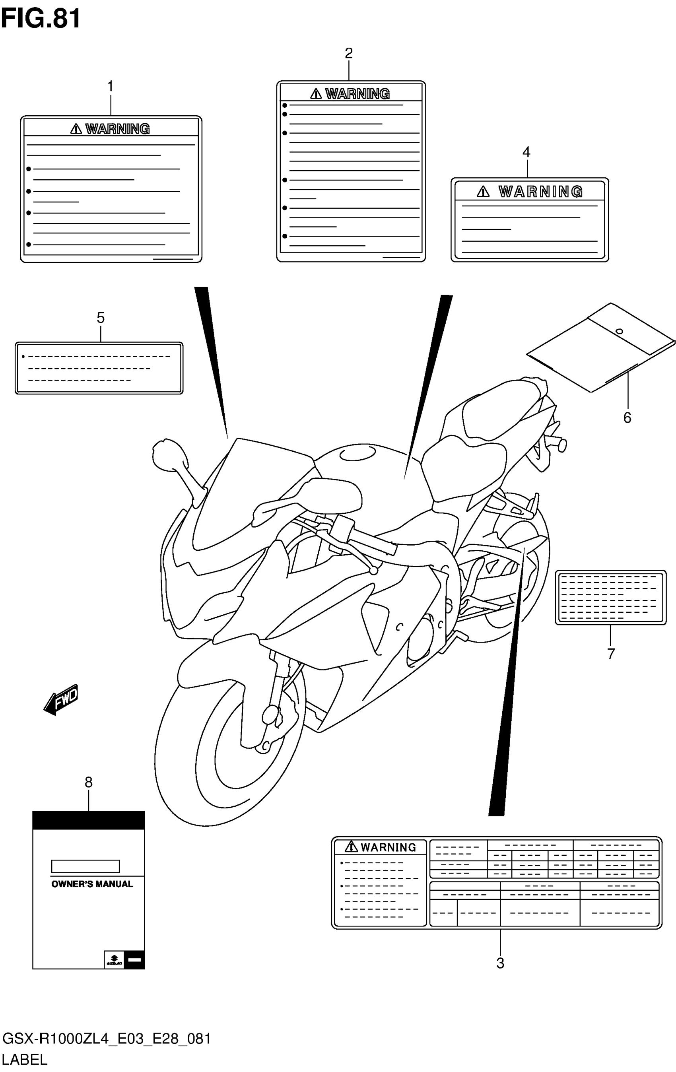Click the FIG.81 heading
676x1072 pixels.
click(41, 19)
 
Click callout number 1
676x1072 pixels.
click(111, 86)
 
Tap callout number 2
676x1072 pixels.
click(349, 53)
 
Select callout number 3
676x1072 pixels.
click(500, 963)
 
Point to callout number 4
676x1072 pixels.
click(526, 152)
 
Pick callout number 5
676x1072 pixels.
click(101, 318)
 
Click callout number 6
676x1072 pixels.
click(627, 418)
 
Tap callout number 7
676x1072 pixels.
click(611, 654)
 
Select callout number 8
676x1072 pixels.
click(89, 782)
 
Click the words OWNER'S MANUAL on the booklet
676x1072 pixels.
click(92, 884)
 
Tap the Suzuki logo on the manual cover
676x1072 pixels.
click(114, 959)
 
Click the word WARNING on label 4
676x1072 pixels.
click(541, 192)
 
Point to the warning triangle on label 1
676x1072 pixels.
click(76, 129)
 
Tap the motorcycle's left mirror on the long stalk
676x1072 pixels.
click(168, 454)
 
